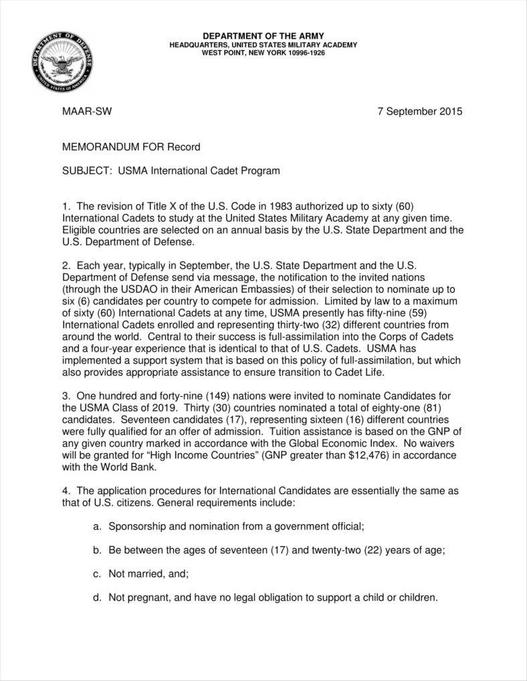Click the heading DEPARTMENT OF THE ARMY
tap(263, 35)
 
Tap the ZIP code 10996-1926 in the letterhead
tap(303, 53)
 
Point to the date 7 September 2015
tap(420, 112)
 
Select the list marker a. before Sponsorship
tap(97, 527)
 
